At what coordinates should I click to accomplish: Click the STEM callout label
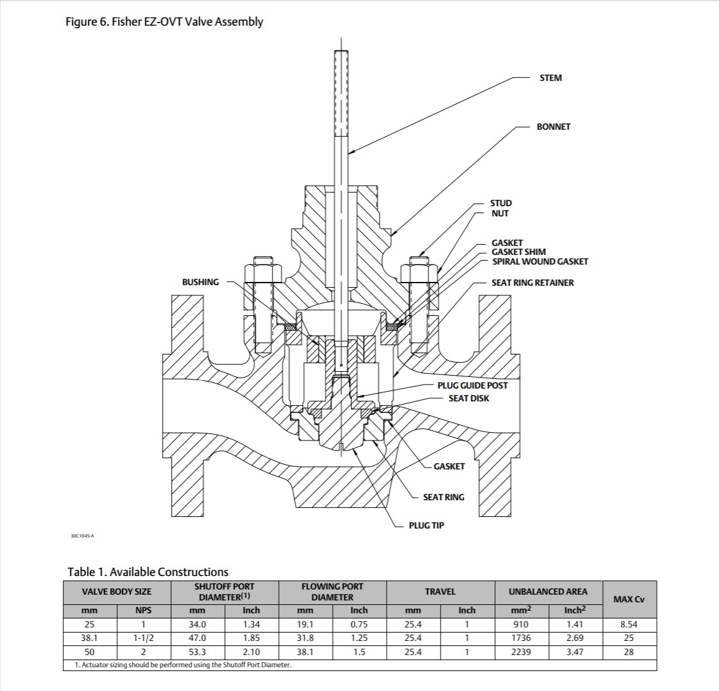(550, 78)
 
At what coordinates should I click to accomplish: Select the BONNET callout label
(553, 127)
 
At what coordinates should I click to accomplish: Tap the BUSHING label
(200, 282)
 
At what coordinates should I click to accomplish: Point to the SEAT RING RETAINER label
(532, 283)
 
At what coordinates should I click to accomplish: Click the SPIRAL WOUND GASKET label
(540, 261)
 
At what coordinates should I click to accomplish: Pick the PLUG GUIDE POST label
(472, 385)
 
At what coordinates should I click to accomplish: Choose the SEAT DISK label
(468, 398)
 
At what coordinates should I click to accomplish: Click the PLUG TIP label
(426, 525)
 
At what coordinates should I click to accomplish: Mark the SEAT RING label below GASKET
(443, 497)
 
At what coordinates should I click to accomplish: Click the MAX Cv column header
(629, 599)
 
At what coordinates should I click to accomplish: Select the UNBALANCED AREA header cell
(547, 591)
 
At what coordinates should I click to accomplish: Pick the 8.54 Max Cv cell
(629, 624)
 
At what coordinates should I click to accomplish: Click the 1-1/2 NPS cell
(143, 638)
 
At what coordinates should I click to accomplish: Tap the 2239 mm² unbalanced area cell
(520, 652)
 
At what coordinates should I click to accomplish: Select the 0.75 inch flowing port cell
(359, 624)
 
